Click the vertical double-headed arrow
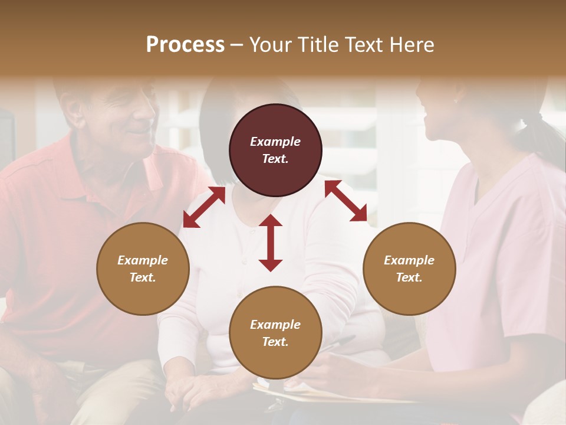tap(271, 243)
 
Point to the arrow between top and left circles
tap(204, 207)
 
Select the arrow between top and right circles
tap(345, 201)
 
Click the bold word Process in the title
tap(185, 44)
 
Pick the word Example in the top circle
tap(275, 142)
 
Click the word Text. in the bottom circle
tap(275, 342)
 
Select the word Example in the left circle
tap(143, 260)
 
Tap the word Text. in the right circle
tap(409, 277)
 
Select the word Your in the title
tap(268, 44)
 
